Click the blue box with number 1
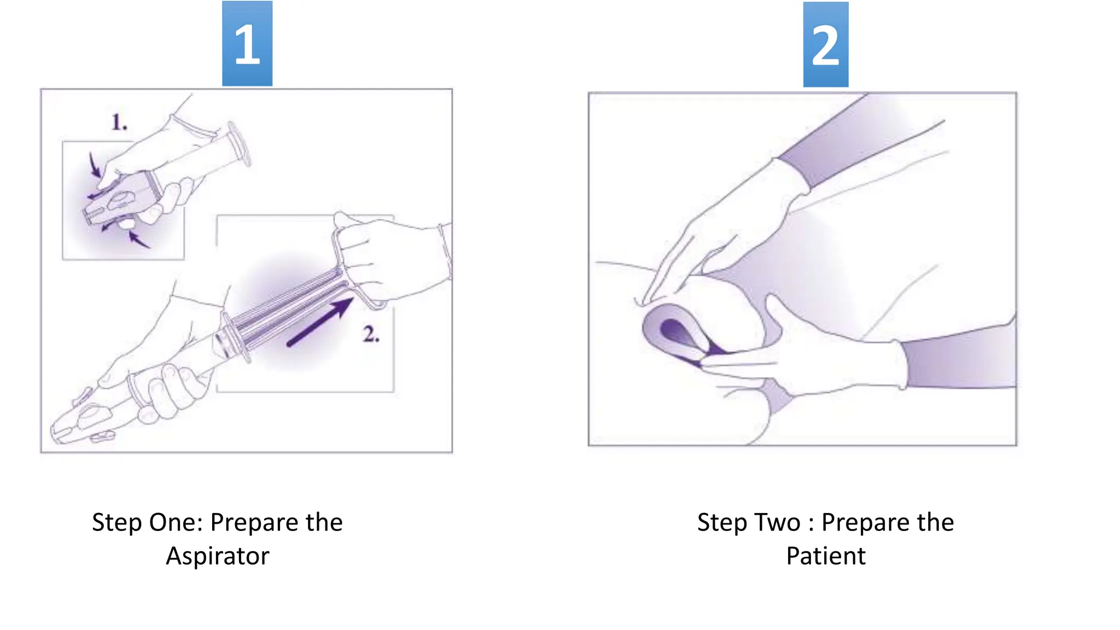click(247, 44)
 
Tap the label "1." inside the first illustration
click(119, 122)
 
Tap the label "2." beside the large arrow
click(371, 334)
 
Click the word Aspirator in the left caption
click(218, 556)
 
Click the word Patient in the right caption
click(826, 556)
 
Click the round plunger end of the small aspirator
click(239, 144)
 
